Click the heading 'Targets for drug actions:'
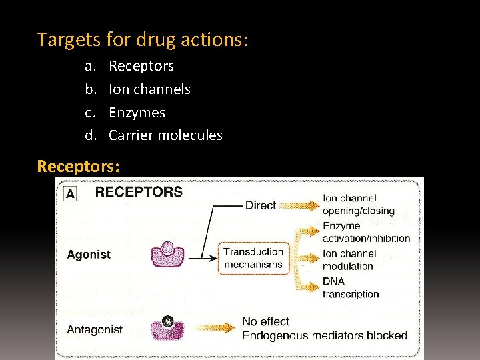click(x=143, y=40)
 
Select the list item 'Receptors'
click(x=141, y=66)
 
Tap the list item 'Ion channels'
click(x=149, y=89)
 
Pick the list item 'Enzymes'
click(x=137, y=113)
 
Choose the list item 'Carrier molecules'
click(x=165, y=135)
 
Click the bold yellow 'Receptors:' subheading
click(x=79, y=165)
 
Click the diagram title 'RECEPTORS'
click(x=139, y=192)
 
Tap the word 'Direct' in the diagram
click(x=261, y=205)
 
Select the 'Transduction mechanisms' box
click(x=253, y=258)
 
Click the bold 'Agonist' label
click(x=89, y=255)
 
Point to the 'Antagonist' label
click(x=95, y=329)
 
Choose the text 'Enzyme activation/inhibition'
click(x=366, y=232)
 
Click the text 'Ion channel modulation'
click(x=349, y=260)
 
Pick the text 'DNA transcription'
click(x=351, y=288)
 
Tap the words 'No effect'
click(x=266, y=322)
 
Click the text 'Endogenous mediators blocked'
click(x=324, y=335)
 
